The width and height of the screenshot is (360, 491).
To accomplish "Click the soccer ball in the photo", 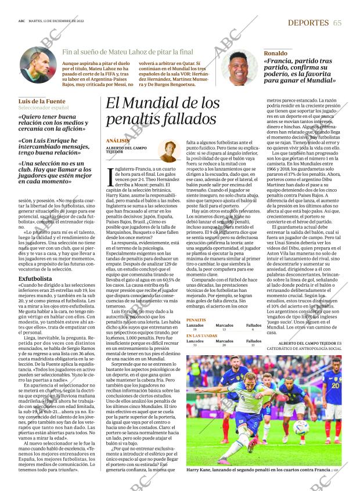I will pos(301,428).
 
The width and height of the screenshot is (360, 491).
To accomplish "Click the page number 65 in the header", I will pos(337,22).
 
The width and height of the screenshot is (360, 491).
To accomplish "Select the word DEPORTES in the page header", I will pos(309,22).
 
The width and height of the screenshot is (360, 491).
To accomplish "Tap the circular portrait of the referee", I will pos(37,64).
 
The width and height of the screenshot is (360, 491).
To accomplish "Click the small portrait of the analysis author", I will pos(169,151).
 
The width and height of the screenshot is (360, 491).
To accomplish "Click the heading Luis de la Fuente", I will pos(42,101).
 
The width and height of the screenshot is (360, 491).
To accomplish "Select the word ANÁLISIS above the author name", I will pos(118,141).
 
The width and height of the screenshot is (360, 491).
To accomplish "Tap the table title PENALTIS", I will pos(196,320).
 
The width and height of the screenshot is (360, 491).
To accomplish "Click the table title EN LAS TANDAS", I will pos(202,335).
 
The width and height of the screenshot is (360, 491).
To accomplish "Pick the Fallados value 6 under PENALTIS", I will pos(254,329).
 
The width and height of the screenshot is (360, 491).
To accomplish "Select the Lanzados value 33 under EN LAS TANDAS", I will pos(194,345).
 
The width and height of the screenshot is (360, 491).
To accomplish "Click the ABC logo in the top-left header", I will pos(21,23).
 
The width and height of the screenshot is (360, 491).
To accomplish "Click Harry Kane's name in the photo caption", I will pos(200,470).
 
